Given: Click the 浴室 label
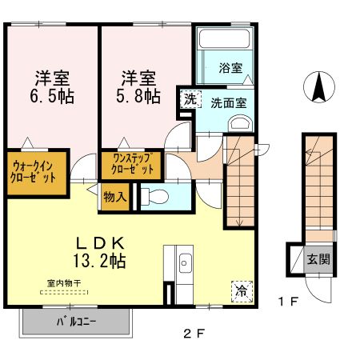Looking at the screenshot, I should click(x=231, y=70).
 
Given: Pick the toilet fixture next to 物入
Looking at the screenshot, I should click(x=154, y=196).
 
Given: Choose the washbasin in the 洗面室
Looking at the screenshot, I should click(x=239, y=123).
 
